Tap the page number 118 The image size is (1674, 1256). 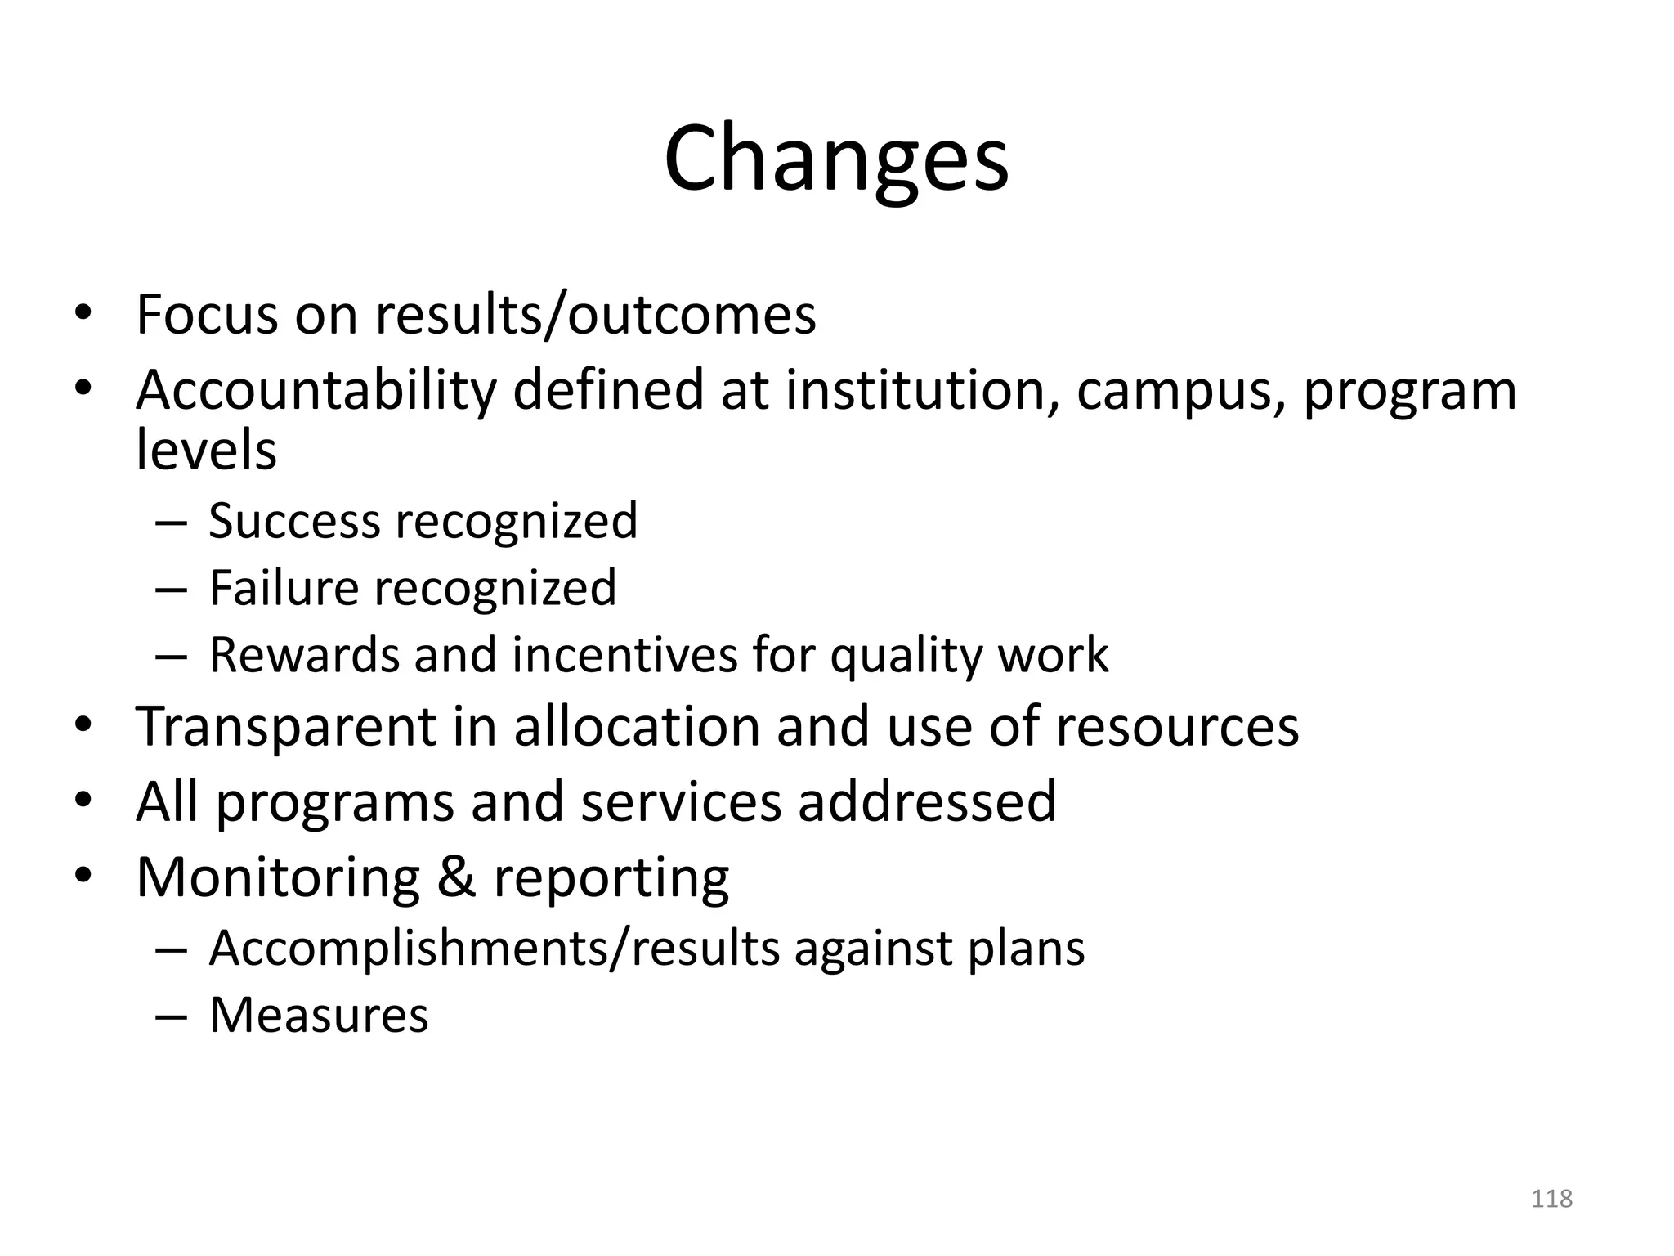[1551, 1199]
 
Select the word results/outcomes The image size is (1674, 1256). [595, 315]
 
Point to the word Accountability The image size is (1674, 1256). [316, 390]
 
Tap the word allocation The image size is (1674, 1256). [638, 727]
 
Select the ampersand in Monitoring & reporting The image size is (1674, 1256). [456, 877]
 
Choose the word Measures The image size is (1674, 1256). [319, 1016]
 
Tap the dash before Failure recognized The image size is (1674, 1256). [170, 590]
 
